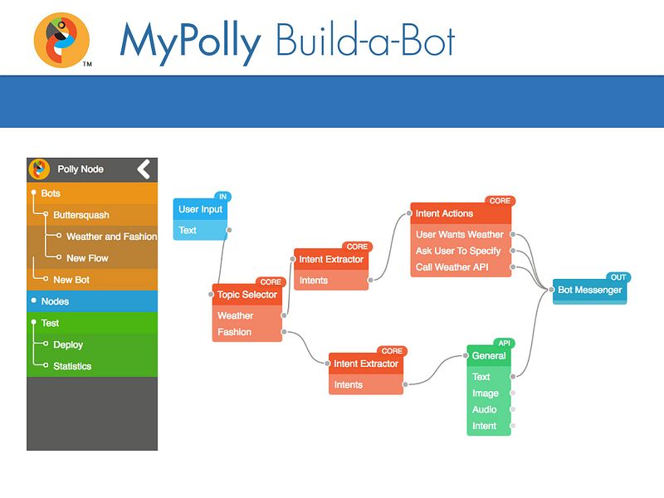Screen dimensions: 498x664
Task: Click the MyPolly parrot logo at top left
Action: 61,39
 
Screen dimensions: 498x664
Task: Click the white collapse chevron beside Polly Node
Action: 144,169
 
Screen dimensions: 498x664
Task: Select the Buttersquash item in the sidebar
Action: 81,215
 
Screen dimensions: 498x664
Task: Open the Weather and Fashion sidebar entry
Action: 111,237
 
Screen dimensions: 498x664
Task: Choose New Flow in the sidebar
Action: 87,258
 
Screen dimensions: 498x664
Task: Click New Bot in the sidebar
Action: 71,280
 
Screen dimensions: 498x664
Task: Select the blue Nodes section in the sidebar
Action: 55,301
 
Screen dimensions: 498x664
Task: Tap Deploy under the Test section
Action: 68,344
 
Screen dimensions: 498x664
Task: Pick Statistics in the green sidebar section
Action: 72,366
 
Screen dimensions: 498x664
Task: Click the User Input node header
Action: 200,210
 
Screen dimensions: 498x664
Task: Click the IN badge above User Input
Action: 222,197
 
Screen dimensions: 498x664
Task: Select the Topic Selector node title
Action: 247,295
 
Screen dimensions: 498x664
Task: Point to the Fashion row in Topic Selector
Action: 235,332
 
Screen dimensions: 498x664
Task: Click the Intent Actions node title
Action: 444,214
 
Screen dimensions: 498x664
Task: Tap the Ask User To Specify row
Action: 458,251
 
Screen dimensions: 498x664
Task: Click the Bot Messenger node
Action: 589,290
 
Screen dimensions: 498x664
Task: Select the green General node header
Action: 489,356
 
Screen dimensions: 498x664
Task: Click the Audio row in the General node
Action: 485,409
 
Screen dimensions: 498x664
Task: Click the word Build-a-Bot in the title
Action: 365,40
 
